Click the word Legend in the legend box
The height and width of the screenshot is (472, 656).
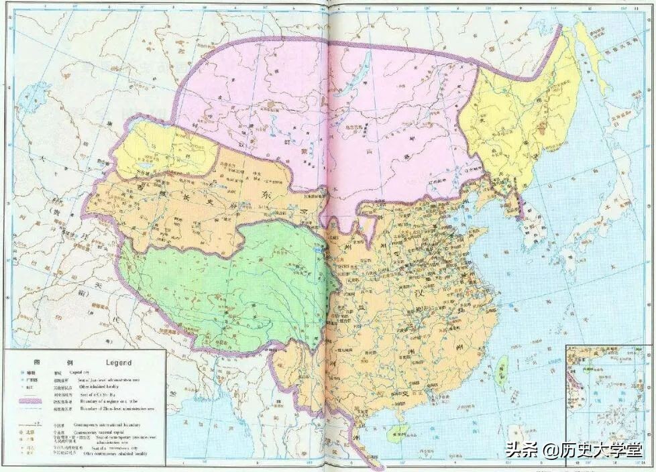(x=117, y=362)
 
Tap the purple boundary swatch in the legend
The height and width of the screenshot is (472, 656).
(x=30, y=400)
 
